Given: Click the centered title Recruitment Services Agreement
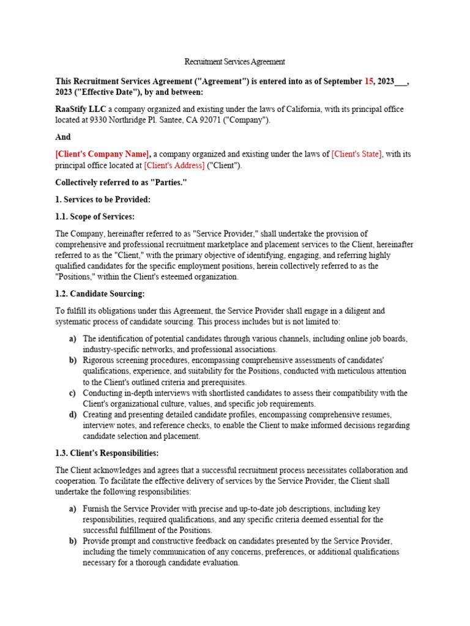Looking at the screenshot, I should [x=235, y=62].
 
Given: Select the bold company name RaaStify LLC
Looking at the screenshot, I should [x=81, y=109].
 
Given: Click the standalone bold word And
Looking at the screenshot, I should [x=63, y=137].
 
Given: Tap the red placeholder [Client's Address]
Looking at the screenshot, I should [x=174, y=165].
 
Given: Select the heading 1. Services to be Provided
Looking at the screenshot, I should [x=103, y=199].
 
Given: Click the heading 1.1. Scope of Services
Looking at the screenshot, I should [x=95, y=216].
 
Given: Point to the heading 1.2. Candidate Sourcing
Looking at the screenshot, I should [x=100, y=294].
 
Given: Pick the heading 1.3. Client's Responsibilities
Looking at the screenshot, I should [x=107, y=453].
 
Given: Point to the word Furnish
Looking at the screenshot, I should [x=97, y=509].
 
